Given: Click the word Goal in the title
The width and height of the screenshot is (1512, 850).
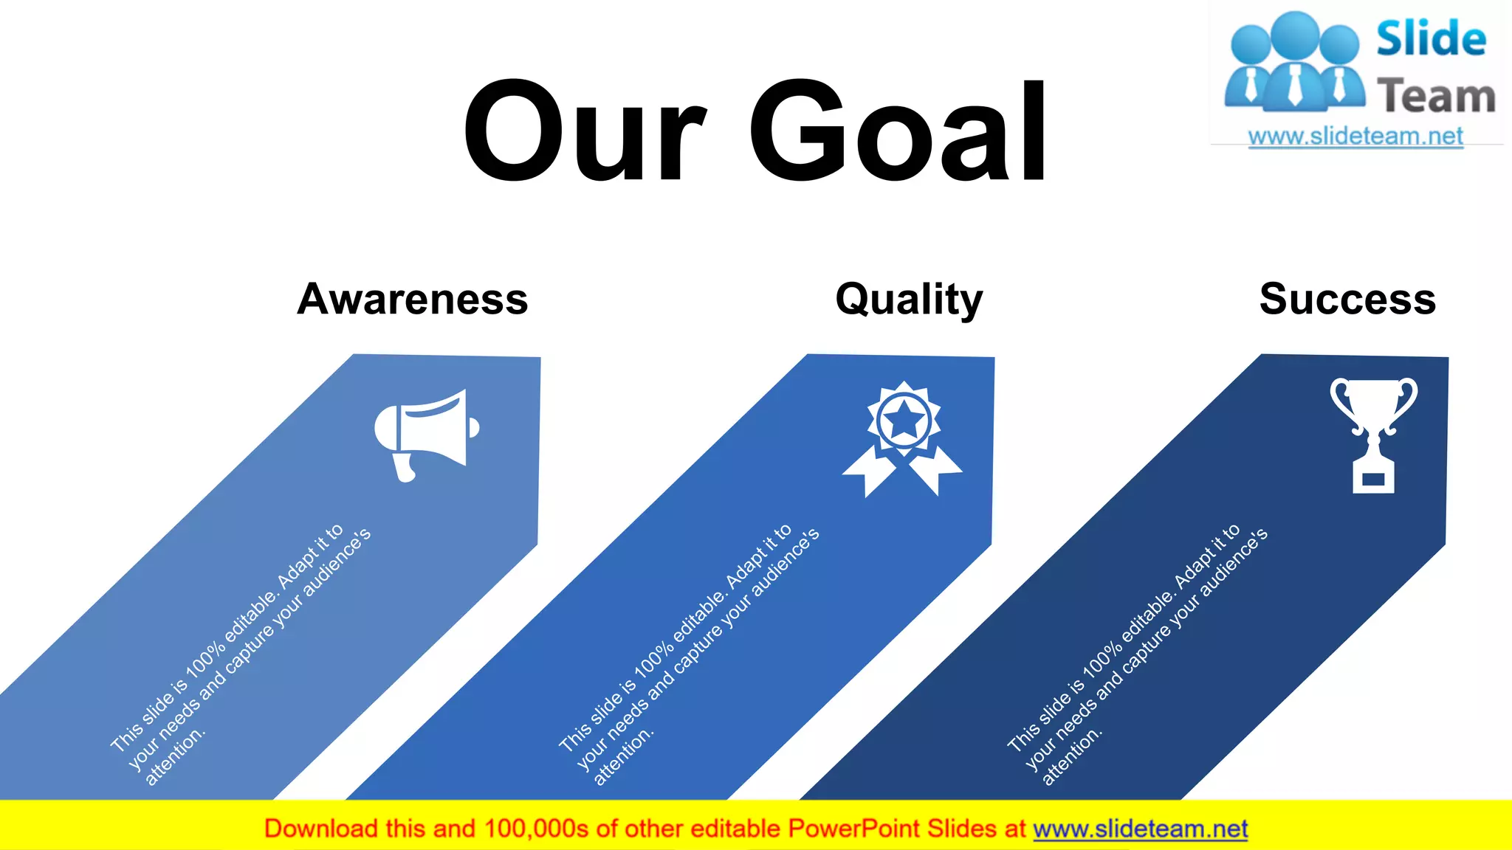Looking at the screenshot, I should tap(898, 131).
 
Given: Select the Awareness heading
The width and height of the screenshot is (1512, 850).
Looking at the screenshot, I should tap(413, 299).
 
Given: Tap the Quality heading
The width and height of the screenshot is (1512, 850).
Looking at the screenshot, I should tap(909, 300).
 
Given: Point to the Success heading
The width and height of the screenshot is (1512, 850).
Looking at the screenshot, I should tap(1347, 299).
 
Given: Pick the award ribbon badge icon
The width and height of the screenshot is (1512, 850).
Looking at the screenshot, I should tap(903, 439).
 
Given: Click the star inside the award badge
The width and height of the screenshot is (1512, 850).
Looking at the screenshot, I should tap(904, 421).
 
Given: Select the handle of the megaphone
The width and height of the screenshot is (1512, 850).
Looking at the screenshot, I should tap(405, 468).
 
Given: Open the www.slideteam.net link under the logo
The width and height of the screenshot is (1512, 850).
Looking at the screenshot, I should tap(1355, 137).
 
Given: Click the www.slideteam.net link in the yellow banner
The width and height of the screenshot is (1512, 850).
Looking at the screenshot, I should tap(1140, 829).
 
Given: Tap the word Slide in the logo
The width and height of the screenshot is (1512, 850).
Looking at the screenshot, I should tap(1431, 39).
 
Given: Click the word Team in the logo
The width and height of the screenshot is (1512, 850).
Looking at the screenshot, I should tap(1436, 97).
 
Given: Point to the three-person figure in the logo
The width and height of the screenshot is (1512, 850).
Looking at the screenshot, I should tap(1294, 63).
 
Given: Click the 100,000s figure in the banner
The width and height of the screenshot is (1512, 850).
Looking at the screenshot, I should tap(536, 829).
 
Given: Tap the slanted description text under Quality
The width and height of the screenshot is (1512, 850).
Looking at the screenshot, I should tap(688, 657).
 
